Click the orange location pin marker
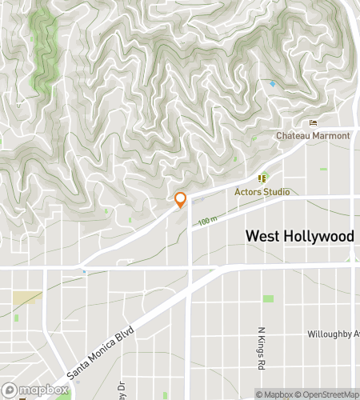tap(181, 200)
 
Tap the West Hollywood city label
tap(299, 236)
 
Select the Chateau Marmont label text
tap(313, 136)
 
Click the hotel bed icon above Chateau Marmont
tap(312, 122)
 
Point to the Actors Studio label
tap(262, 192)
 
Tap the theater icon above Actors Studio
tap(261, 178)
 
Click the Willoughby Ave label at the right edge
tap(334, 334)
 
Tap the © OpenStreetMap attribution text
tap(326, 394)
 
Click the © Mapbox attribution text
tap(274, 394)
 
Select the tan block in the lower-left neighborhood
tap(27, 298)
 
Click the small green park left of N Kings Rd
tap(268, 298)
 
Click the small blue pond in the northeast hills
tap(273, 83)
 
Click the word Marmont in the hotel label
tap(330, 136)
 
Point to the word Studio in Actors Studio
tap(276, 192)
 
